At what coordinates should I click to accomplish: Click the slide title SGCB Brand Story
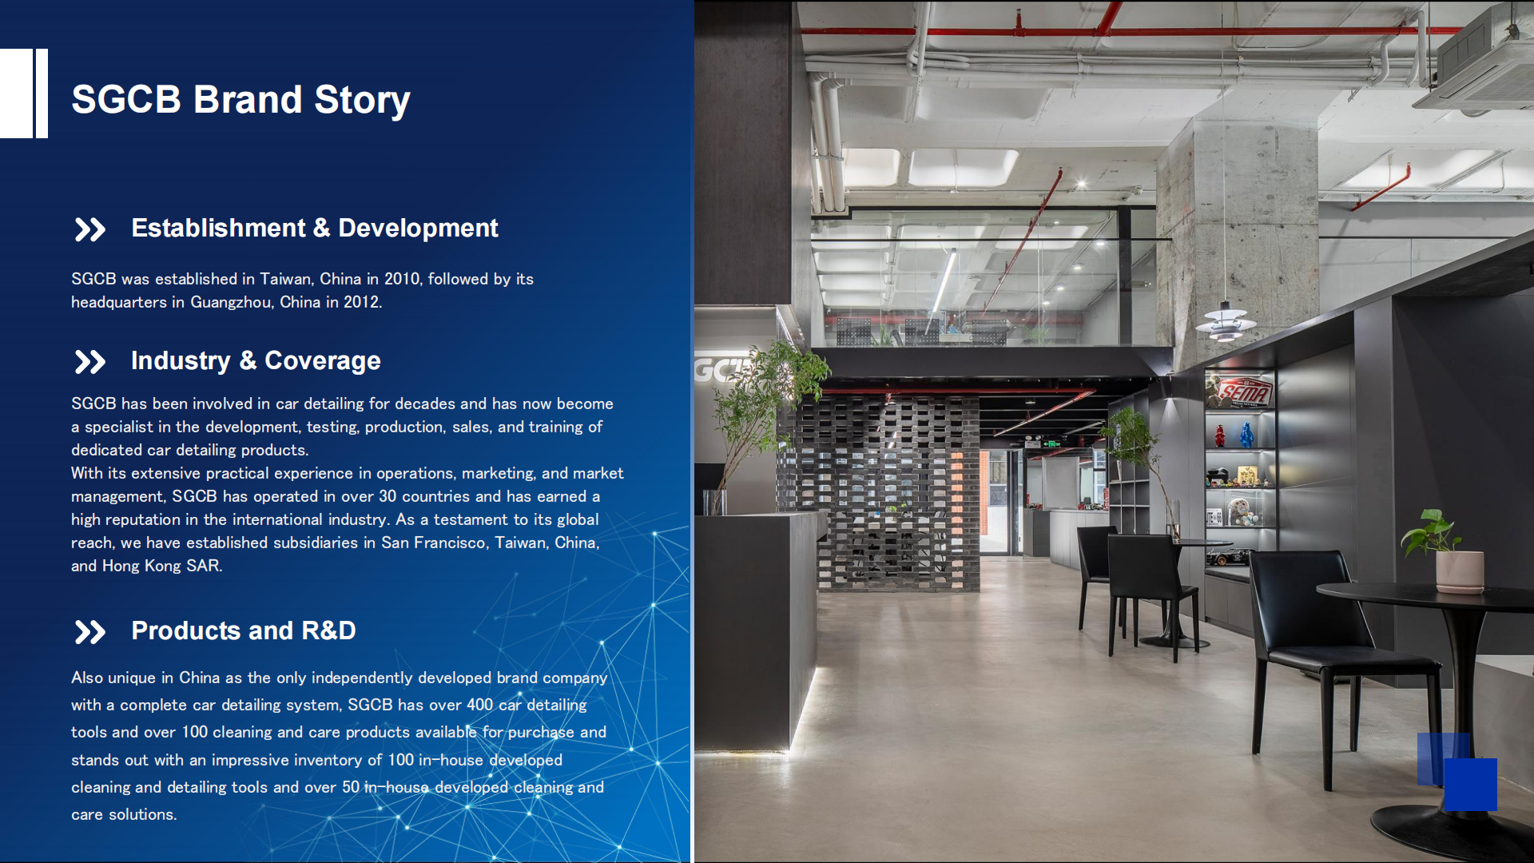click(x=240, y=100)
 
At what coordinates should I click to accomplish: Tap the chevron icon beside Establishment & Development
click(x=89, y=229)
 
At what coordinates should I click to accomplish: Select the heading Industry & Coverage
click(x=256, y=360)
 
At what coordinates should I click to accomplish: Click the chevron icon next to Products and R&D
click(x=89, y=632)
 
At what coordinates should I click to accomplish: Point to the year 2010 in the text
click(x=401, y=279)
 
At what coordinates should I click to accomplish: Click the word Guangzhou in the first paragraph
click(x=232, y=302)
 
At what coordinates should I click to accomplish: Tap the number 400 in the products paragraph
click(x=479, y=705)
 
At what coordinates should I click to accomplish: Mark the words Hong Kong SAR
click(x=161, y=566)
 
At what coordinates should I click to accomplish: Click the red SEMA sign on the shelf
click(x=1241, y=392)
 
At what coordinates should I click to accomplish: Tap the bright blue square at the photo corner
click(x=1470, y=785)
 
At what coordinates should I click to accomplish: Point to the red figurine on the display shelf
click(x=1220, y=435)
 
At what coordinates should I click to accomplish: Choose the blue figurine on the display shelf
click(x=1246, y=435)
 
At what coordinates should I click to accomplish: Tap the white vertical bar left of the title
click(x=42, y=93)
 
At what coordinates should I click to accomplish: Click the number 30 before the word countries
click(x=387, y=496)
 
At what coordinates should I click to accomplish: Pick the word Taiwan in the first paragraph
click(x=285, y=279)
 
